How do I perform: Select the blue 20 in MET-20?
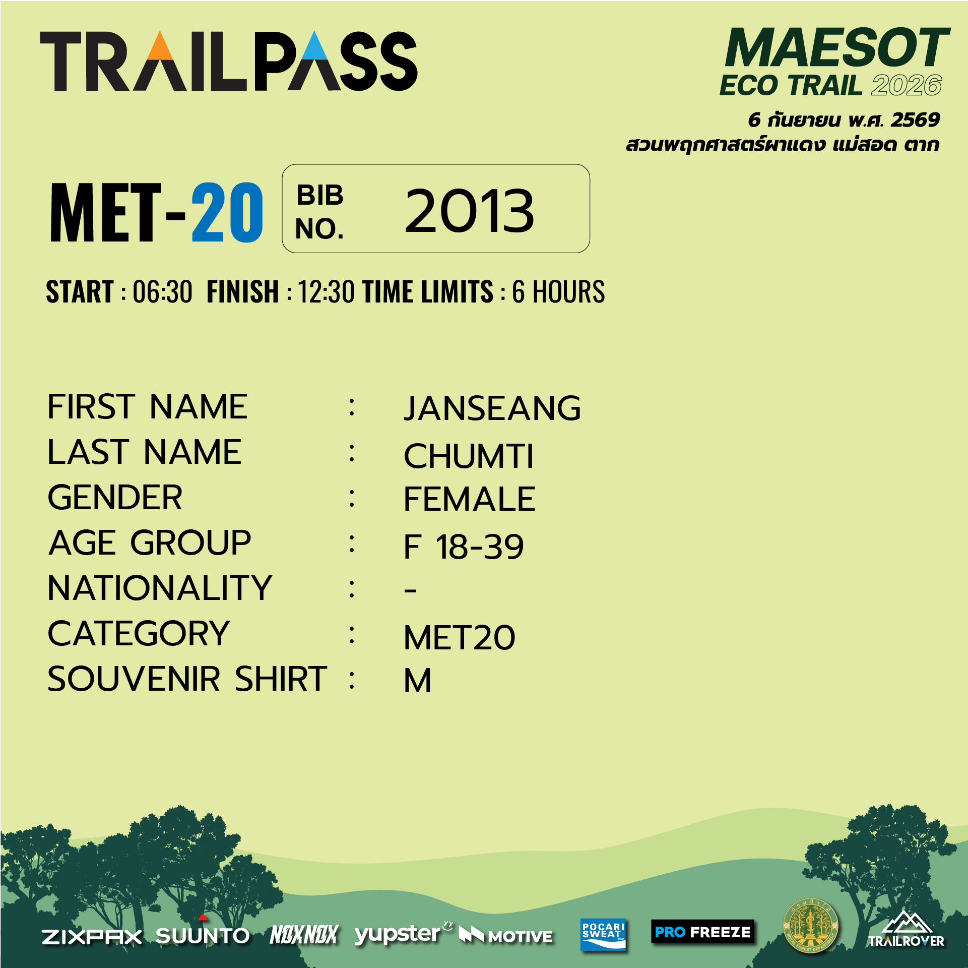(227, 212)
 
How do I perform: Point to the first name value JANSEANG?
(492, 408)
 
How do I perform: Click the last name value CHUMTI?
(469, 456)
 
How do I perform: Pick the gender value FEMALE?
(470, 499)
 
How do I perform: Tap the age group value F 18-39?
(464, 547)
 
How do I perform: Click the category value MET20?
(460, 638)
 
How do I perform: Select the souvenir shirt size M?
(418, 681)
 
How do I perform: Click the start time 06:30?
(162, 292)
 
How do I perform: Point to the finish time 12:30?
(326, 292)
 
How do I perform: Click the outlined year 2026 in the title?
(907, 85)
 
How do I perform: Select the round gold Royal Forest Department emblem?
(810, 926)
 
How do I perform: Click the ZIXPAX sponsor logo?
(92, 937)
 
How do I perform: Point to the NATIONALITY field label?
(160, 588)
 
